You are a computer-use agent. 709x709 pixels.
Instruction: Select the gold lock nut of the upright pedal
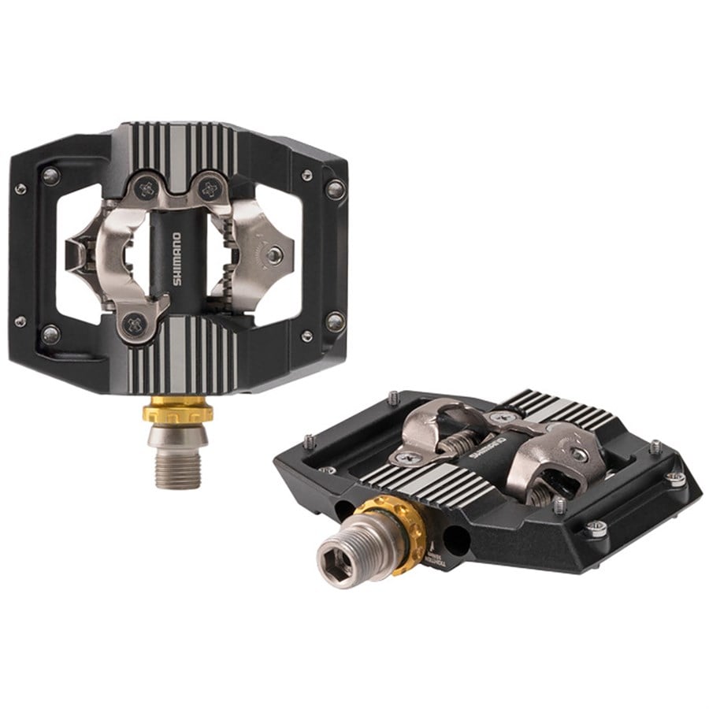177,411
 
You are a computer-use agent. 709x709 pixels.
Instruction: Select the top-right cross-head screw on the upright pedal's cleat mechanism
209,187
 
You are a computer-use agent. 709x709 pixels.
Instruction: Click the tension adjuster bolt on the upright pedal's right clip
274,255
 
